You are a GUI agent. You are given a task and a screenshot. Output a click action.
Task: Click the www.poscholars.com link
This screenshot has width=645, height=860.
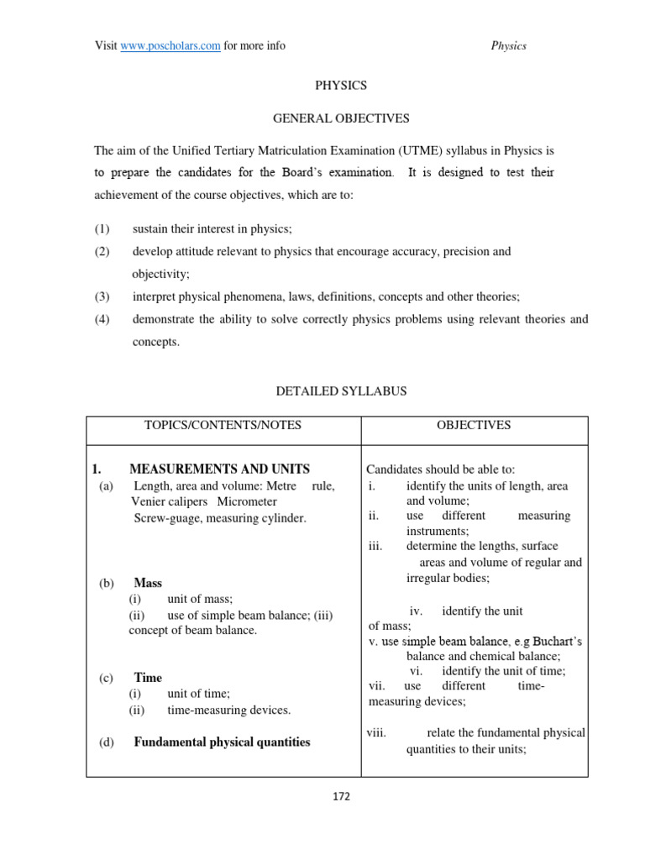170,45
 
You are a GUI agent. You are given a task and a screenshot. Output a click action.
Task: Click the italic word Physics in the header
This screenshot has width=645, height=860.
508,45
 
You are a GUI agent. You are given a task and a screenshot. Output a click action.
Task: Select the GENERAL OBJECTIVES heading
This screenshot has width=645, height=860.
340,119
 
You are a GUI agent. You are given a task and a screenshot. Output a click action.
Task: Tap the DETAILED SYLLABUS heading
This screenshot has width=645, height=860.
340,392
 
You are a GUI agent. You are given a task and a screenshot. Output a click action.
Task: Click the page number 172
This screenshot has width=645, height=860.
340,796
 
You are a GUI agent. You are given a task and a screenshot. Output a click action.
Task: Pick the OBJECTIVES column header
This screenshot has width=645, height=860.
473,426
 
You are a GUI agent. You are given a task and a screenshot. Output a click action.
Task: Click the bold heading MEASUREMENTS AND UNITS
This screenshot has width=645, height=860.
219,469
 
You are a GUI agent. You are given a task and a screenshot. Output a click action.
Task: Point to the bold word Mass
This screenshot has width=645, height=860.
148,583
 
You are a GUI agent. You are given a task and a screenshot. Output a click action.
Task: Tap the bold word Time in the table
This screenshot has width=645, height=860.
148,678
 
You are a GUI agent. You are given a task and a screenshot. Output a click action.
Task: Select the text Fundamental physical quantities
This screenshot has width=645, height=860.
222,742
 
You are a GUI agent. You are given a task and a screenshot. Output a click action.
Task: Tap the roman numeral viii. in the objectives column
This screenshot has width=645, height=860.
376,733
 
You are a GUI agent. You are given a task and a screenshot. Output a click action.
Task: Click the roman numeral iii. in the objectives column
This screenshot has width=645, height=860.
375,546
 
